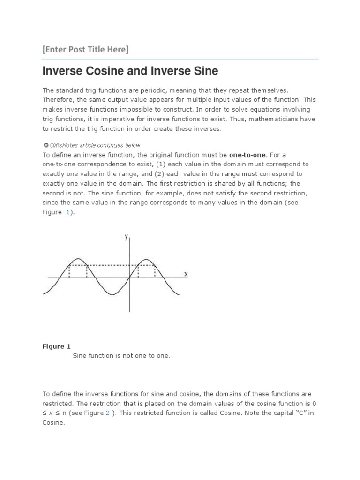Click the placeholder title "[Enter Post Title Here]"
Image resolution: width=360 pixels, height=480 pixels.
[x=85, y=49]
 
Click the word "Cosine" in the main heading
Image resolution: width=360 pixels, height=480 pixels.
[x=105, y=71]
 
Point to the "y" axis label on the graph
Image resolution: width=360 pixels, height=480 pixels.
[x=126, y=237]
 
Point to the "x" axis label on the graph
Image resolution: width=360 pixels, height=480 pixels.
[x=186, y=274]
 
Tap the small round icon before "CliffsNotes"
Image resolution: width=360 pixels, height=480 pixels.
[x=45, y=145]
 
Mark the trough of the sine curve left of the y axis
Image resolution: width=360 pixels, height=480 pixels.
[x=112, y=294]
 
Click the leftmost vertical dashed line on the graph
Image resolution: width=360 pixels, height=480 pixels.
[x=69, y=271]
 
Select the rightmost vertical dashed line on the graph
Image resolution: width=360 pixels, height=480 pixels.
[x=155, y=271]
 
